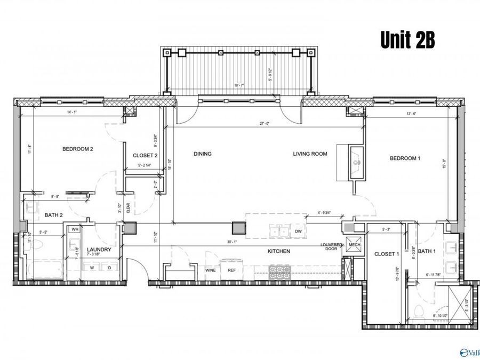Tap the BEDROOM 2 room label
click(78, 149)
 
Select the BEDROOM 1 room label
click(405, 158)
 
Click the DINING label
click(203, 154)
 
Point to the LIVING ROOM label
click(310, 154)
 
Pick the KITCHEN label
click(279, 251)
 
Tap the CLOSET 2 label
click(145, 156)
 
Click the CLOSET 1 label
click(387, 254)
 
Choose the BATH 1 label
click(427, 251)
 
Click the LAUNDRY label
click(99, 250)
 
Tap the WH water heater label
click(75, 229)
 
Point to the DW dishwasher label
click(298, 231)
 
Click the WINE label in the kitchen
click(211, 270)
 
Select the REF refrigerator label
click(231, 270)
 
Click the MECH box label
click(354, 245)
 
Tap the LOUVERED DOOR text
click(331, 247)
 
